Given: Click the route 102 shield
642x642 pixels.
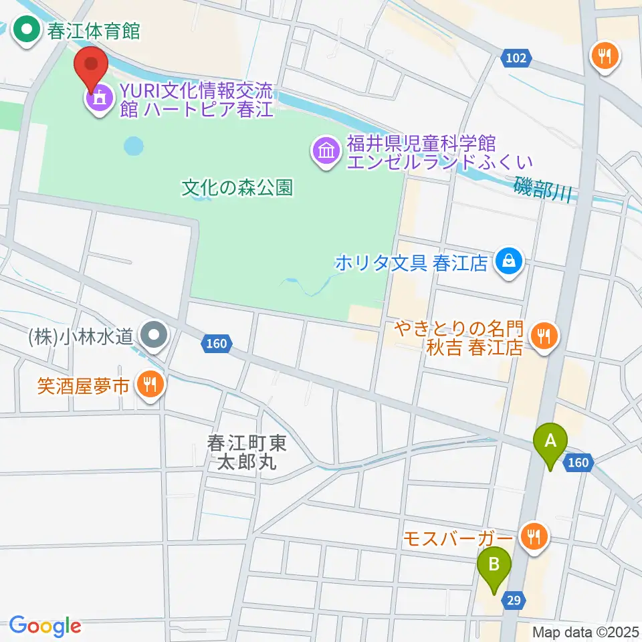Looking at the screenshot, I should (x=516, y=59).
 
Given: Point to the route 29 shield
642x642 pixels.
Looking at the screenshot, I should (x=512, y=601).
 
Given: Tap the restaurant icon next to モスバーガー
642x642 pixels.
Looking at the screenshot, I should (x=534, y=536).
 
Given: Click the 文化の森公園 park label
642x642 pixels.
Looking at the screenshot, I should (x=237, y=188).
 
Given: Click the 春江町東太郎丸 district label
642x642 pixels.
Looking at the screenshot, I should (x=247, y=452).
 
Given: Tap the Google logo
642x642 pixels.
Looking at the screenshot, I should (x=45, y=625).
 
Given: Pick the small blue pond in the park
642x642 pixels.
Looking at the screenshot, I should (x=134, y=144).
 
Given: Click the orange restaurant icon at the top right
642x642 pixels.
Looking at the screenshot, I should (x=606, y=57).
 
